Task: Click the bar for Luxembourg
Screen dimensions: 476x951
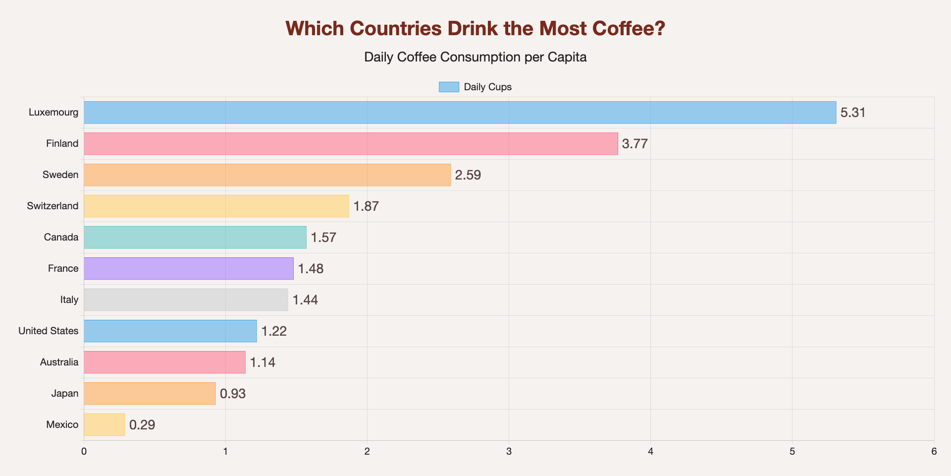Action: click(x=460, y=113)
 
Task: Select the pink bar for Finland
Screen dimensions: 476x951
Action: click(x=351, y=144)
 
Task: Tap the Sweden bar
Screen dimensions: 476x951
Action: click(x=267, y=175)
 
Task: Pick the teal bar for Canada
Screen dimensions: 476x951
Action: click(x=195, y=238)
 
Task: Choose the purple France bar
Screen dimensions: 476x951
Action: click(x=189, y=269)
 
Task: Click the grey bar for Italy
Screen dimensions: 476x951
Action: click(x=186, y=300)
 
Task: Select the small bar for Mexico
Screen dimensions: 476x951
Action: click(x=105, y=425)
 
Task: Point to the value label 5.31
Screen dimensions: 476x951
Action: click(x=853, y=113)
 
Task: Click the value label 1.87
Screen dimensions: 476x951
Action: click(x=366, y=206)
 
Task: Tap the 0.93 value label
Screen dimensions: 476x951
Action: click(x=233, y=394)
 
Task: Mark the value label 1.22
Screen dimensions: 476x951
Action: click(x=274, y=331)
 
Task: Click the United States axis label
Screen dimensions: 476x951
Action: click(x=49, y=331)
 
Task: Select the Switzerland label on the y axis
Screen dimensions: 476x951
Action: click(x=53, y=206)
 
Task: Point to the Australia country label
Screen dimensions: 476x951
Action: click(x=59, y=362)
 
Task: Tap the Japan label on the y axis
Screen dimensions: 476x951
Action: click(x=65, y=393)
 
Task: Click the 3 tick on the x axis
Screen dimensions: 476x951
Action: click(x=509, y=452)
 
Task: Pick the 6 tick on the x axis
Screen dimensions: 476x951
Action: click(x=934, y=452)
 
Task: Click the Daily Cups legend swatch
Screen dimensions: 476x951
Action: click(x=449, y=87)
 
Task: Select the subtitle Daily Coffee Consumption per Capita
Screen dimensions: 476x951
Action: click(x=475, y=57)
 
